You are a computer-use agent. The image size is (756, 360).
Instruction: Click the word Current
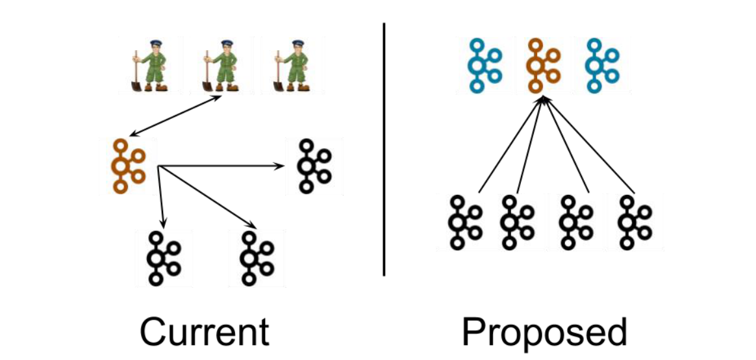pos(204,331)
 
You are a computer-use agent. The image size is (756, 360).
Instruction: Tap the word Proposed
pos(544,331)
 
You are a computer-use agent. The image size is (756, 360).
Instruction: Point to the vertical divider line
pos(384,149)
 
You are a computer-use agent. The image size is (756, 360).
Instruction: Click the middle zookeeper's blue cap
pos(226,44)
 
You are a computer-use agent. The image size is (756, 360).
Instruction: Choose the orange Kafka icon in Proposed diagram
pos(542,65)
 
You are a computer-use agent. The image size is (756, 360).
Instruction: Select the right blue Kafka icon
pos(601,65)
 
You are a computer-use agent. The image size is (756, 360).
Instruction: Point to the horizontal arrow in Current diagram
pos(221,166)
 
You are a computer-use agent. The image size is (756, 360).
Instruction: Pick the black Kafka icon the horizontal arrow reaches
pos(313,166)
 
